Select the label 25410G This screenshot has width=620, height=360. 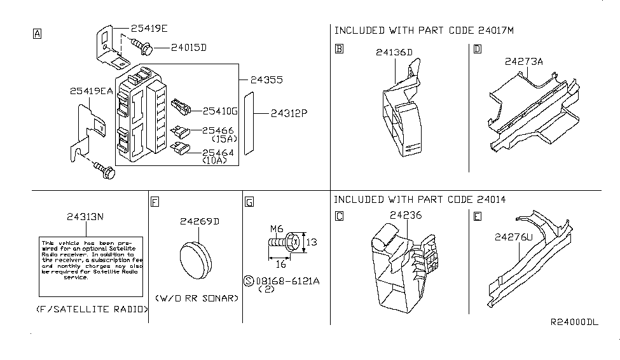coord(219,111)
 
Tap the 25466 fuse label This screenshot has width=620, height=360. coord(218,130)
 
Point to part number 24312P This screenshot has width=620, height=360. coord(289,114)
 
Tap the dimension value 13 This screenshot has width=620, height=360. coord(311,242)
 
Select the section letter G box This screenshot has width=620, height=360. coord(249,202)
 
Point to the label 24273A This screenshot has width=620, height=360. coord(525,62)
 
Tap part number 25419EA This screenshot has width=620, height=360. coord(92,92)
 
